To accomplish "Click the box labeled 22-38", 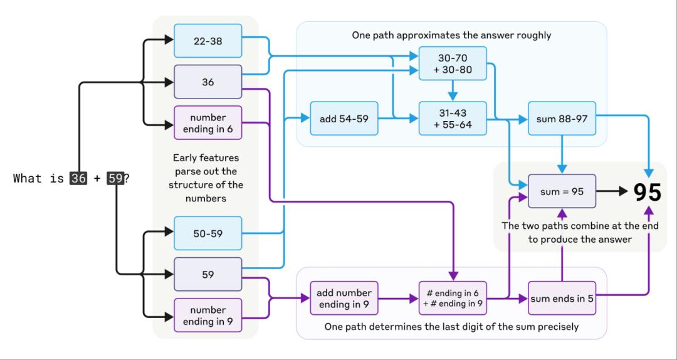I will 208,41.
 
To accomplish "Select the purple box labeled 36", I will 208,82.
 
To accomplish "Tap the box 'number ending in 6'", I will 208,122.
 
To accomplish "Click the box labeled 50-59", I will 208,234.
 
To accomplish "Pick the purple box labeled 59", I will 208,274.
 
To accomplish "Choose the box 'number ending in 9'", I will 208,315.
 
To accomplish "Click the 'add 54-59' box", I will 344,119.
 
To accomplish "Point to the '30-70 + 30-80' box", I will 453,63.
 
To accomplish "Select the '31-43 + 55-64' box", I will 453,119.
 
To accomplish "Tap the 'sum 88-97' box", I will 562,119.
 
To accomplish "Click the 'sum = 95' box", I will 562,191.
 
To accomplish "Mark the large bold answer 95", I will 646,193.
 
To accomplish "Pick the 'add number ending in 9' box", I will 344,299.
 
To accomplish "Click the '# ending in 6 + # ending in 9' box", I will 453,299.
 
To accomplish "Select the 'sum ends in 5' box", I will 562,299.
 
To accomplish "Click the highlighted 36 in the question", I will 78,178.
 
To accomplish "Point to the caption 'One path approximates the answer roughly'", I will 451,35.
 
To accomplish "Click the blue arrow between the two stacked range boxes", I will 453,92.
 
